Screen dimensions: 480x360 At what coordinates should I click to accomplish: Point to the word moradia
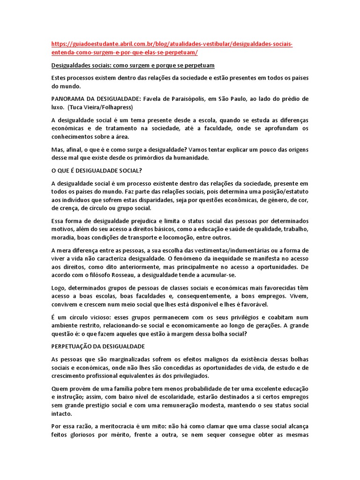[62, 238]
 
